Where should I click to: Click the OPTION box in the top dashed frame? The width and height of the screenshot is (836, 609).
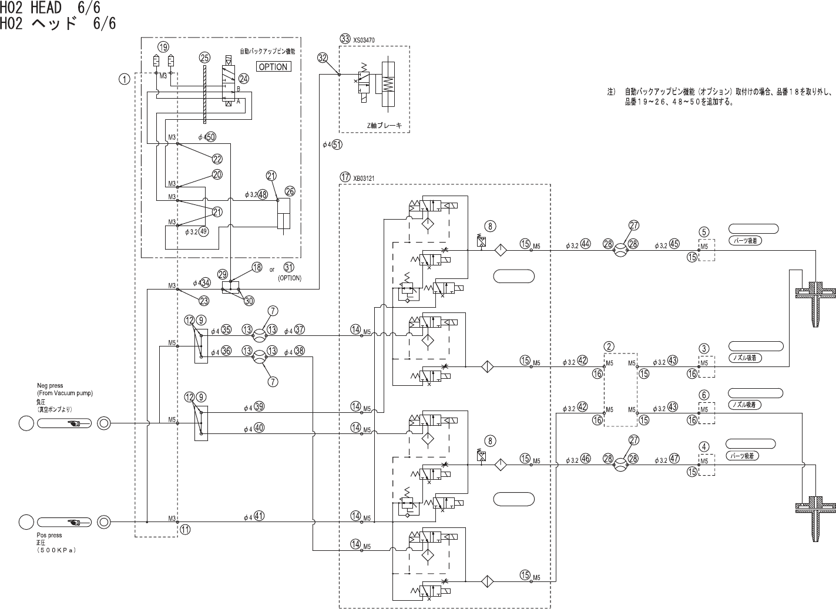tap(273, 66)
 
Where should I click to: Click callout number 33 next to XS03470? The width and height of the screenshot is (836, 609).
tap(345, 39)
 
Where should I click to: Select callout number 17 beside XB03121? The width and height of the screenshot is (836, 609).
tap(345, 176)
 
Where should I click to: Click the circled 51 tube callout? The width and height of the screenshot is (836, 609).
tap(337, 144)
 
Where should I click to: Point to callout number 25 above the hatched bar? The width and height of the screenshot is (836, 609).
tap(204, 58)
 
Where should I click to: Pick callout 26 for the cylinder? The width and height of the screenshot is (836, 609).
tap(290, 191)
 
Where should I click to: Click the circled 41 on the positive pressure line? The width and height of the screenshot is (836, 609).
tap(259, 516)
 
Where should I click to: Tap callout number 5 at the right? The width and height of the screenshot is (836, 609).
tap(704, 231)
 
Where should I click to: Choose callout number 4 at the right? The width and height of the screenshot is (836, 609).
tap(704, 446)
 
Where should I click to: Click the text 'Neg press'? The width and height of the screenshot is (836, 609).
tap(51, 386)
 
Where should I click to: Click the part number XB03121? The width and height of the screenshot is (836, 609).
tap(364, 177)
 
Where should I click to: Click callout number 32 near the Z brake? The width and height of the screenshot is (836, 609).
tap(323, 58)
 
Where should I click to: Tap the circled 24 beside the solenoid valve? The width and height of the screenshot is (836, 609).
tap(244, 79)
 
